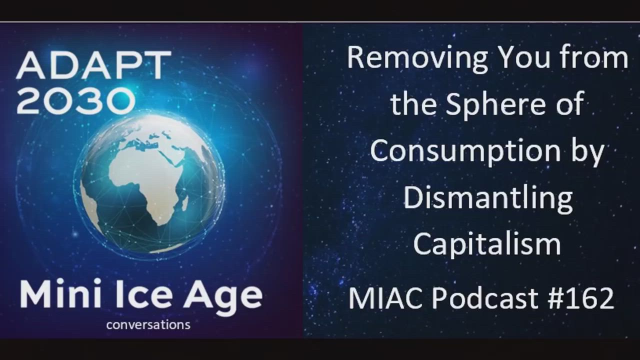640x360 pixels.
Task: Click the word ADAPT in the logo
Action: pos(94,65)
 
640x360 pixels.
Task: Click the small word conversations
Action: pos(148,325)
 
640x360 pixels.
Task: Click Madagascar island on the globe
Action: pos(185,201)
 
